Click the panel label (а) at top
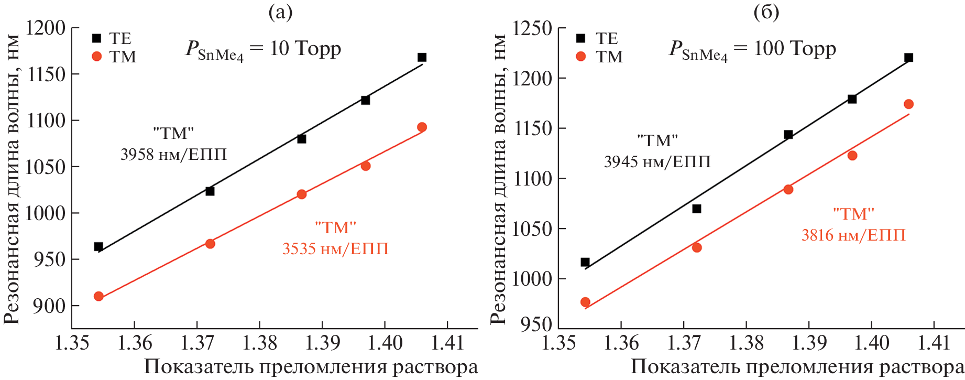coord(280,12)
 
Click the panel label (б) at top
coord(766,12)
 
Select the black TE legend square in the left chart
coord(96,38)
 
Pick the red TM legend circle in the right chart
coord(580,56)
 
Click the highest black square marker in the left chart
coord(422,57)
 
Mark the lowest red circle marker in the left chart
coord(98,296)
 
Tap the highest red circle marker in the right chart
coord(908,104)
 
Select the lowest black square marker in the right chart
coord(585,262)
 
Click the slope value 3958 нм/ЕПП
coord(173,155)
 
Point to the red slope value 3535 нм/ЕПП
coord(335,248)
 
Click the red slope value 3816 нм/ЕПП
coord(853,235)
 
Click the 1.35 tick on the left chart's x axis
coord(72,343)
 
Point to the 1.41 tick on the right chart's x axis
coord(934,343)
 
